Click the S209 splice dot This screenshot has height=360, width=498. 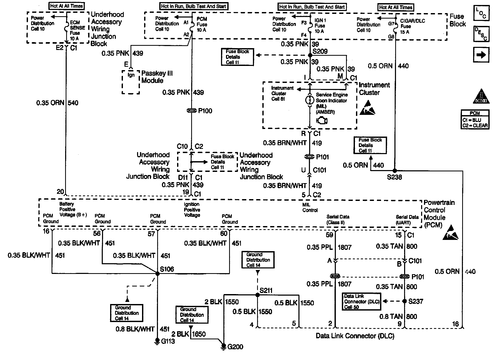(x=310, y=55)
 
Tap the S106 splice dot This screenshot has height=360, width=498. (x=157, y=274)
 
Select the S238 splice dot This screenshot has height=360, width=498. (x=395, y=171)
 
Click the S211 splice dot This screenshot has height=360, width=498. (x=258, y=295)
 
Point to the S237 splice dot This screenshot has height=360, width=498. (x=405, y=301)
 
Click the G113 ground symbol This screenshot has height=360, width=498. (x=157, y=341)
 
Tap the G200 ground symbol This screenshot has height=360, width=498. (x=224, y=346)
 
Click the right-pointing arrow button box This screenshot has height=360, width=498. (x=481, y=55)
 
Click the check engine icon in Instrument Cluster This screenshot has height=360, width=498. (x=322, y=121)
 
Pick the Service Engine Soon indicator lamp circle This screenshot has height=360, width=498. (x=310, y=100)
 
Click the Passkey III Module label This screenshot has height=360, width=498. (x=157, y=77)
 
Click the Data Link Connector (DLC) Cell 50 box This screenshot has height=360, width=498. (x=361, y=301)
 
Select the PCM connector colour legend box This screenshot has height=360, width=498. (x=475, y=120)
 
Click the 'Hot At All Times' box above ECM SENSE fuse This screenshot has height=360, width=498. (x=66, y=6)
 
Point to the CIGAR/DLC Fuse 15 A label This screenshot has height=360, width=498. (x=412, y=26)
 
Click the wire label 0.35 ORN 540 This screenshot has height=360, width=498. (x=57, y=103)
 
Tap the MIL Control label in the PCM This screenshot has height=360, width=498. (x=310, y=207)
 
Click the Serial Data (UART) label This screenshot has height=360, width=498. (x=407, y=220)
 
